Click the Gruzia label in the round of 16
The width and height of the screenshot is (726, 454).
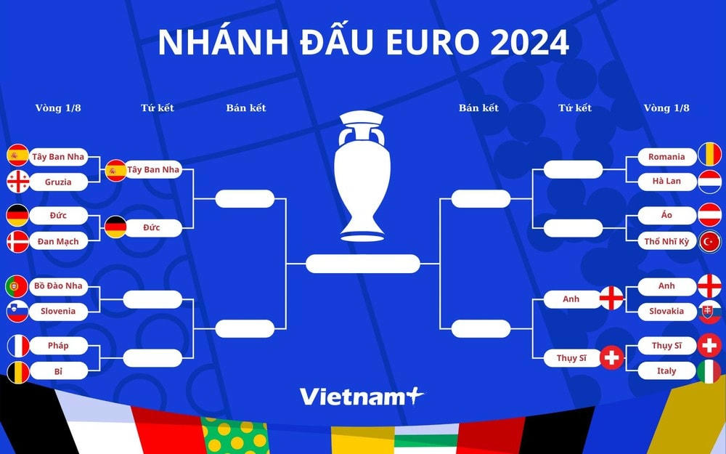point(58,182)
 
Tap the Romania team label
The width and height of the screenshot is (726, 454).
point(667,156)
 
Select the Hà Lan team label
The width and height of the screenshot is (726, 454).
point(667,181)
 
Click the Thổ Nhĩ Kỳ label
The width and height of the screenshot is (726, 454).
point(667,240)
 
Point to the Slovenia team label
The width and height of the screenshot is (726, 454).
point(58,311)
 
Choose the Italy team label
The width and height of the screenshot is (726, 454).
point(667,370)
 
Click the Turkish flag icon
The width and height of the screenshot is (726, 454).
point(709,240)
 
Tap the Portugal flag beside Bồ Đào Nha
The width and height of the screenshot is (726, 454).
point(17,286)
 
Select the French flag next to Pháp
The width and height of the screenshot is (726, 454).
point(17,346)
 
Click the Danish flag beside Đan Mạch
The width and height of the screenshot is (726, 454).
point(17,240)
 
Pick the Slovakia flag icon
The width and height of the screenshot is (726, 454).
point(709,311)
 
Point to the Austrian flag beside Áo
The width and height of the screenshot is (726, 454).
point(709,215)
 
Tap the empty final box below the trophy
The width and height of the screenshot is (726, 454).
point(362,263)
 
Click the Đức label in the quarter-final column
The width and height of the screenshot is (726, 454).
point(152,227)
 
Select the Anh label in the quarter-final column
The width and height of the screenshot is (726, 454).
point(571,299)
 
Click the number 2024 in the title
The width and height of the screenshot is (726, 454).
point(529,43)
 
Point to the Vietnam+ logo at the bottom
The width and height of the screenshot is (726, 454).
point(361,397)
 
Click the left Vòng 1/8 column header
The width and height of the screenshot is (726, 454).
point(58,108)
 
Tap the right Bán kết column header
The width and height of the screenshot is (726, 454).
point(478,108)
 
